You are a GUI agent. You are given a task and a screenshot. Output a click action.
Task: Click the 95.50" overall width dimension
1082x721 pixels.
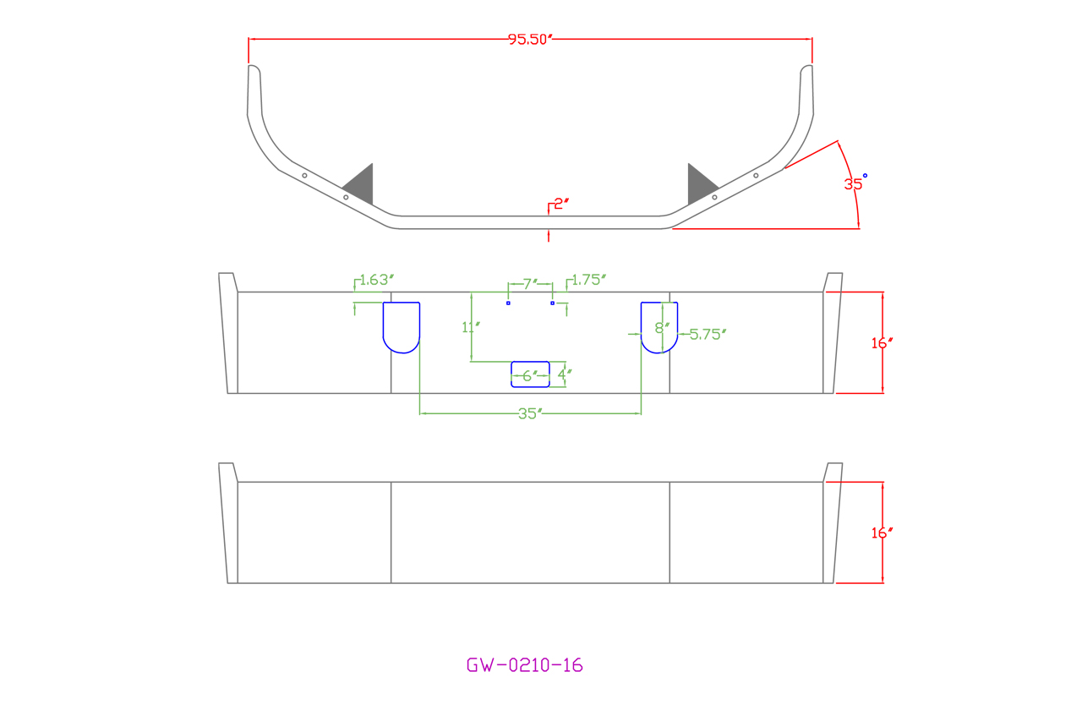point(529,40)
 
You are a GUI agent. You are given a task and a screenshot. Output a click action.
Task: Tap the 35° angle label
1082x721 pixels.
point(854,183)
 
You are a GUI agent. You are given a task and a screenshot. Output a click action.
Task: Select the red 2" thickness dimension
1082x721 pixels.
point(561,204)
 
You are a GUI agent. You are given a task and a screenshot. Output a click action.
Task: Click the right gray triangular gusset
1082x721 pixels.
point(699,186)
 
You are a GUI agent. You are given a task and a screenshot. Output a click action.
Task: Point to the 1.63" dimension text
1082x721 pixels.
point(377,280)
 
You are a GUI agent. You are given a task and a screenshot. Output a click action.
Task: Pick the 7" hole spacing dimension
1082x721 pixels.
point(530,284)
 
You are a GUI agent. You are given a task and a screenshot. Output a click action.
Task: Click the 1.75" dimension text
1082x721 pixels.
point(589,280)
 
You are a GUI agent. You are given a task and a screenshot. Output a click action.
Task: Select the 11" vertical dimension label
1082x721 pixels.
point(471,327)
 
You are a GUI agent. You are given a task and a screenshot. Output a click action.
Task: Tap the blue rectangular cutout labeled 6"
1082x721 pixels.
point(530,374)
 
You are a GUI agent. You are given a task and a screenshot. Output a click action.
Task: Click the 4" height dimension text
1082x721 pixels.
point(565,374)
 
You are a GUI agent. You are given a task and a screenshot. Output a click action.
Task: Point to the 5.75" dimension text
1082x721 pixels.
point(708,334)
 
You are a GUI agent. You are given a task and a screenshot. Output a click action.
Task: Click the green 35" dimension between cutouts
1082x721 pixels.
point(529,414)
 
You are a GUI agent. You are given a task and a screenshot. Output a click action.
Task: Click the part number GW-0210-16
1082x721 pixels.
point(524,665)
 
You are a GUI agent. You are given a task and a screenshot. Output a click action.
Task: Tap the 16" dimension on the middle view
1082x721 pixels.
point(882,343)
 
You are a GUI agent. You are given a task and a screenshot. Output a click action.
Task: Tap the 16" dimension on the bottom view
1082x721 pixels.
point(882,533)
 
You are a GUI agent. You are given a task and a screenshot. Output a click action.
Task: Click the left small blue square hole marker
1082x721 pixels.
point(508,303)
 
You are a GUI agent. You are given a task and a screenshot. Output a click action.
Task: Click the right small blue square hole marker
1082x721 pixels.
point(552,303)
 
